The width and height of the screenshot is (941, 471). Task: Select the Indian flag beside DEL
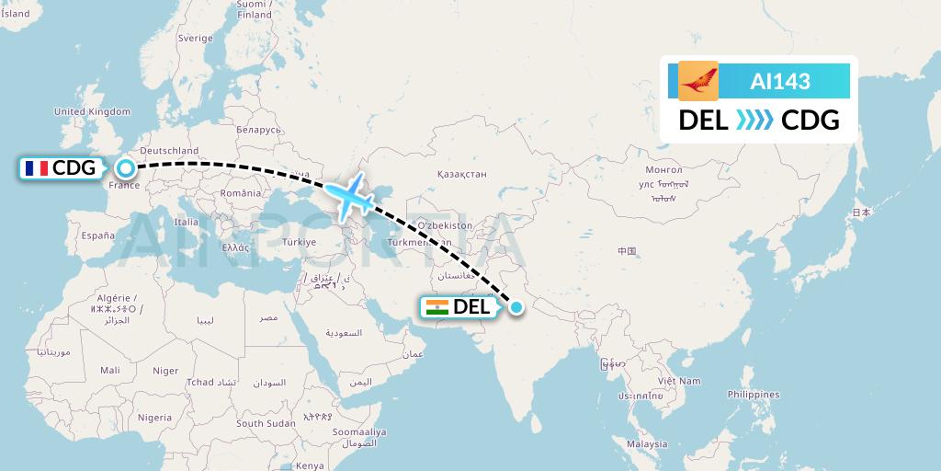click(437, 307)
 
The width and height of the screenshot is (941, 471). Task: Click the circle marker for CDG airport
click(125, 168)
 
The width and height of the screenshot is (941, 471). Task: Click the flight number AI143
click(780, 81)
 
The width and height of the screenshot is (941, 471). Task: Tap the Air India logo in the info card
click(698, 81)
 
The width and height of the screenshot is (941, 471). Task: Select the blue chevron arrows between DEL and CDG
click(754, 121)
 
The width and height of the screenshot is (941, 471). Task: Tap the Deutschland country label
click(169, 151)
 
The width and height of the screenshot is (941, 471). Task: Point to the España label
click(97, 235)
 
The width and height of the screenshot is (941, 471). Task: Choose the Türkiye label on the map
click(300, 242)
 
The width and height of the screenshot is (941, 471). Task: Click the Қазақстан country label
click(461, 173)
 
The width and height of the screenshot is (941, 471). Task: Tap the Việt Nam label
click(678, 380)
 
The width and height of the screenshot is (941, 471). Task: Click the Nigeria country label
click(155, 418)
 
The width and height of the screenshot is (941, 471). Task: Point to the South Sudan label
click(266, 423)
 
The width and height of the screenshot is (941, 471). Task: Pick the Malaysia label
click(647, 443)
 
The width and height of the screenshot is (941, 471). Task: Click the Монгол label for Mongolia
click(664, 170)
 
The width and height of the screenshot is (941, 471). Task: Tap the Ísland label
click(16, 14)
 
